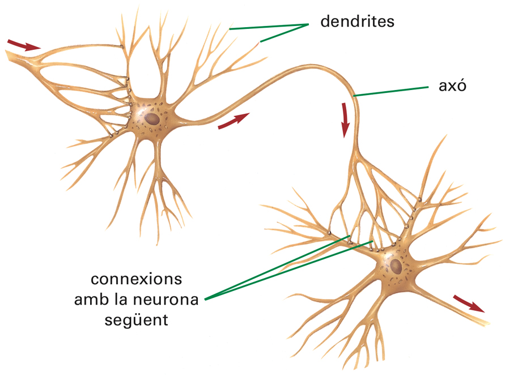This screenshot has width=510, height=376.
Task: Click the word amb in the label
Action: (x=91, y=300)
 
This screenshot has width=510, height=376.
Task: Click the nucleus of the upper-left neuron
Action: (x=151, y=119)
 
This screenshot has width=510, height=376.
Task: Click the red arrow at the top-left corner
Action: (x=24, y=45)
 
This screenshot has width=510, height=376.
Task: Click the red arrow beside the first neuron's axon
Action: (x=233, y=120)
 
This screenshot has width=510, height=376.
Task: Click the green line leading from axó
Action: (x=391, y=92)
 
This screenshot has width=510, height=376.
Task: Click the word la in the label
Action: (x=124, y=300)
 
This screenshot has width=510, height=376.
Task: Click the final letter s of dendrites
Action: (x=390, y=22)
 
